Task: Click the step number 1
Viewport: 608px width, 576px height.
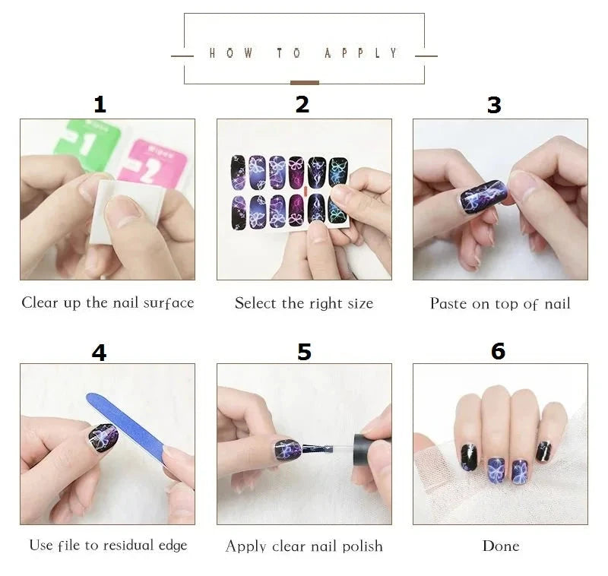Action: (x=99, y=105)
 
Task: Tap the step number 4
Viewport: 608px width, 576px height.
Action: (x=99, y=352)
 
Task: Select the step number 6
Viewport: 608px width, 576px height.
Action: (x=498, y=350)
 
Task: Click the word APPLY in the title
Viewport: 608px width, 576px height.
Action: (x=361, y=53)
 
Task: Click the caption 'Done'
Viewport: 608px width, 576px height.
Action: (x=501, y=546)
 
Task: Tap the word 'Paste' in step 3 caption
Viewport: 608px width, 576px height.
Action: (x=448, y=304)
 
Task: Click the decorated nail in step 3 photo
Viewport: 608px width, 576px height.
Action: (x=483, y=197)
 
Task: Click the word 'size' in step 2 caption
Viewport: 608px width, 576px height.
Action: (x=358, y=303)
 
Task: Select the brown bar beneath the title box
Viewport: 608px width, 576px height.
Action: (x=304, y=82)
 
